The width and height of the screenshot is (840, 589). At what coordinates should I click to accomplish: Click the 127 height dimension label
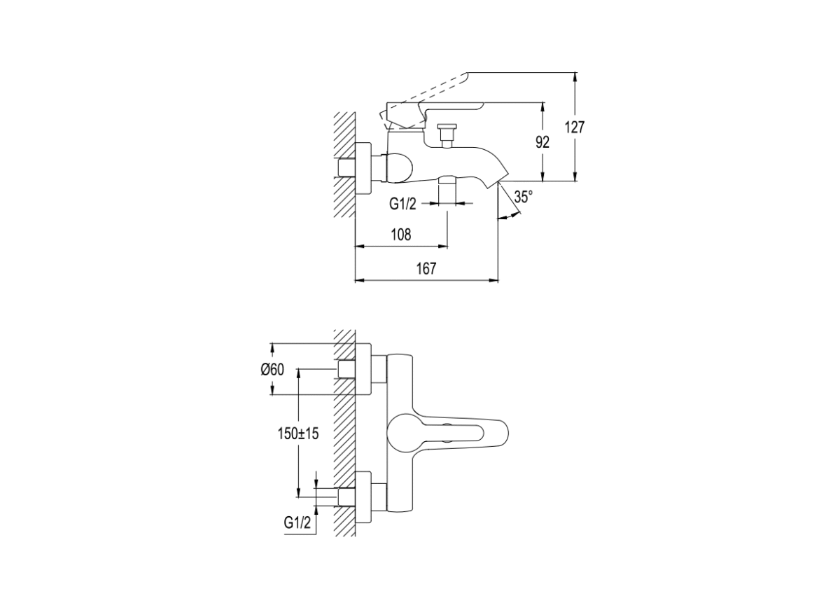pos(575,127)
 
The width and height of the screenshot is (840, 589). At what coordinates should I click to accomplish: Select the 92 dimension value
pos(542,142)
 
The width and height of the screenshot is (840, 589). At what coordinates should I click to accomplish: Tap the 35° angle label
pos(524,197)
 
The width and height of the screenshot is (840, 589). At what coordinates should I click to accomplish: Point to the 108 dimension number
pos(401,235)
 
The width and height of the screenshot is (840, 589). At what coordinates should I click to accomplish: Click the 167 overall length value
pos(426,269)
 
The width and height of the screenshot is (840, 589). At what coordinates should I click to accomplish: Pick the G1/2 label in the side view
pos(402,204)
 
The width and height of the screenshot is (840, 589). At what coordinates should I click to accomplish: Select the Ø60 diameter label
pos(272,370)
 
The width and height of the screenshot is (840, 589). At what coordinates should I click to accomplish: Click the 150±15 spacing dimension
pos(297,434)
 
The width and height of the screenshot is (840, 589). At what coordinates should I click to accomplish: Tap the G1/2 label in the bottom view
pos(297,522)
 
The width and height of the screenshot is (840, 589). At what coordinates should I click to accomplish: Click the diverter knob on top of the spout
pos(447,135)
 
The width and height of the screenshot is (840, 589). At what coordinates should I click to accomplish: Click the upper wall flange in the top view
pos(363,369)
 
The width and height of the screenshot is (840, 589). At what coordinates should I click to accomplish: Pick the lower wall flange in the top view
pos(363,498)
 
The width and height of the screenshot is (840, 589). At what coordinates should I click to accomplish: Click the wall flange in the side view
pos(363,169)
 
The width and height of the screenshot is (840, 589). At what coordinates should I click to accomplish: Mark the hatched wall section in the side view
pos(344,165)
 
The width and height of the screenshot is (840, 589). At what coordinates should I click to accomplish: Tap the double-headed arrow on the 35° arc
pos(510,216)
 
